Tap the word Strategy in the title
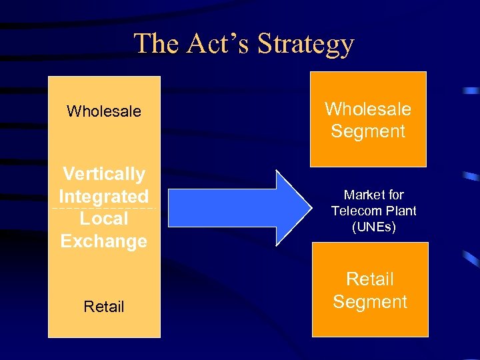point(305,45)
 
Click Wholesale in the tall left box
point(104,111)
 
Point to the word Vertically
point(104,174)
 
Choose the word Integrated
point(104,197)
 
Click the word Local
point(104,219)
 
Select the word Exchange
point(104,241)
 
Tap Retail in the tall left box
point(104,307)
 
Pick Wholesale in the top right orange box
point(368,109)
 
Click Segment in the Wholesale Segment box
point(368,131)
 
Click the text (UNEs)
point(374,227)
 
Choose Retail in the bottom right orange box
point(370,279)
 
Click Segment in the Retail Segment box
point(370,302)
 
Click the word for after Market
point(395,195)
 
